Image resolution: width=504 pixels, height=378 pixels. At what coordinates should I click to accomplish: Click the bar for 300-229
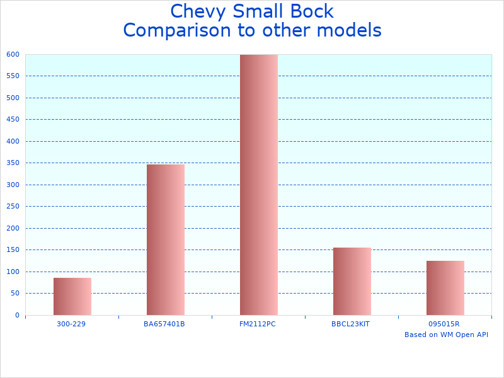pos(72,296)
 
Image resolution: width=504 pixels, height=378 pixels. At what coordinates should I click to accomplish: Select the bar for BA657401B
pos(165,239)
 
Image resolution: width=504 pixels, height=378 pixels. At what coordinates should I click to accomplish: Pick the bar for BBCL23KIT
pos(352,281)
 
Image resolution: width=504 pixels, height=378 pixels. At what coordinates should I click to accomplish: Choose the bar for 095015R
pos(445,288)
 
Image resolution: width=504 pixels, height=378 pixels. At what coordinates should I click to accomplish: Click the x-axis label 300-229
pos(71,324)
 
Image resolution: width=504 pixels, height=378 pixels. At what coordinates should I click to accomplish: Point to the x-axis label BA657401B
pos(164,324)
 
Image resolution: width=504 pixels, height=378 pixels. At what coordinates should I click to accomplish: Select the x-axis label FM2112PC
pos(258,324)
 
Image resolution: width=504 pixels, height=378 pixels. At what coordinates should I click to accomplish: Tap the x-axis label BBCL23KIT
pos(351,324)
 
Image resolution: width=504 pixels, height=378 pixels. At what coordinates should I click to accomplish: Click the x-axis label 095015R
pos(444,324)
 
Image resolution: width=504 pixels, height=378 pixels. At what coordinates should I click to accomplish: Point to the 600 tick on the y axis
pos(13,54)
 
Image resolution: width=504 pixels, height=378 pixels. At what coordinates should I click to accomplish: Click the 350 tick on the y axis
pos(13,163)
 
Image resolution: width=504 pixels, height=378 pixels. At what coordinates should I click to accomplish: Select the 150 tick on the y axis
pos(13,249)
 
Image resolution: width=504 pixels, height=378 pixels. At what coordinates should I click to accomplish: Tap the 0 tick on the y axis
pos(17,315)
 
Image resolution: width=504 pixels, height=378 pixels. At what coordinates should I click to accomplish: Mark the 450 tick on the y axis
pos(13,119)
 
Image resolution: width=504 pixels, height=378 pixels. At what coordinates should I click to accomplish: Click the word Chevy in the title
pos(194,12)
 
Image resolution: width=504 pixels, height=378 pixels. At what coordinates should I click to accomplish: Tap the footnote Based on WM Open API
pos(446,335)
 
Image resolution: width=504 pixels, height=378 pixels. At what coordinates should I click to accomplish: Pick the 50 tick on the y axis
pos(15,293)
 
